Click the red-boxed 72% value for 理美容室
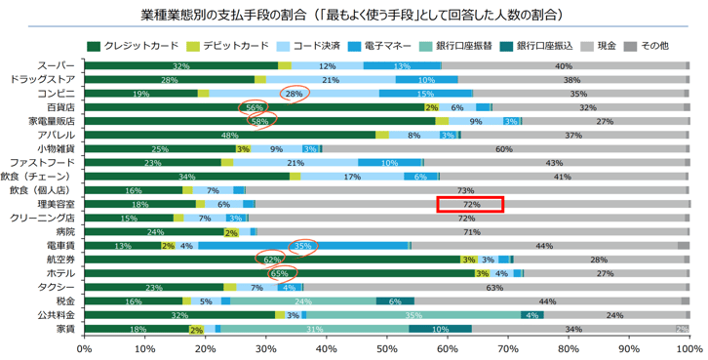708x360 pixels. coord(471,205)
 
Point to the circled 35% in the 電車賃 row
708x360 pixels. coord(302,247)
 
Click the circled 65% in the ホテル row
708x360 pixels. coord(280,274)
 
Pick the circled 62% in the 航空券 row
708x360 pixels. coord(273,260)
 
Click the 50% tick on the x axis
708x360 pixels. coord(387,347)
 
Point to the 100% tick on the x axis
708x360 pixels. coord(688,347)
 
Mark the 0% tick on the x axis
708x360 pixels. coord(85,347)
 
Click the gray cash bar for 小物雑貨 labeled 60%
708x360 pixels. coord(504,149)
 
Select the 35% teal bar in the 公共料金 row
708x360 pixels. coord(413,316)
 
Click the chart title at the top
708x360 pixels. coord(353,16)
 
